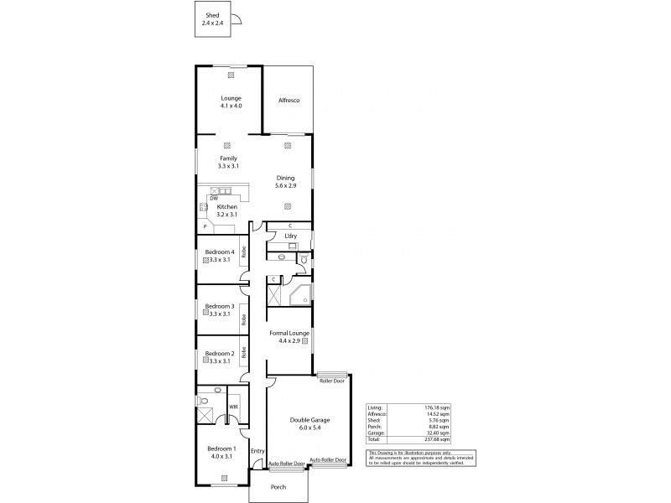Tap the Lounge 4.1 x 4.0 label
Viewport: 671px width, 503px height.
(x=231, y=102)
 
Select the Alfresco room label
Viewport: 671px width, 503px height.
(x=289, y=101)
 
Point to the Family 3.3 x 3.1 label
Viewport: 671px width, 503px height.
(x=228, y=163)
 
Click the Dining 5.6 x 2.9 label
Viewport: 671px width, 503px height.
(x=288, y=182)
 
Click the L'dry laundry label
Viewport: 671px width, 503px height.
(x=291, y=236)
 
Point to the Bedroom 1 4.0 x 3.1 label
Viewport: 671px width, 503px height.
(x=221, y=452)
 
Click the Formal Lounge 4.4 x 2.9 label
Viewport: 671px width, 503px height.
(x=289, y=337)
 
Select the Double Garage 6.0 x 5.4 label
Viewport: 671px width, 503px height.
(x=309, y=423)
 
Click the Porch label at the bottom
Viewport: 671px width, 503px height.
(x=278, y=486)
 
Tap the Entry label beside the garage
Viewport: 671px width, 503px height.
(x=257, y=451)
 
